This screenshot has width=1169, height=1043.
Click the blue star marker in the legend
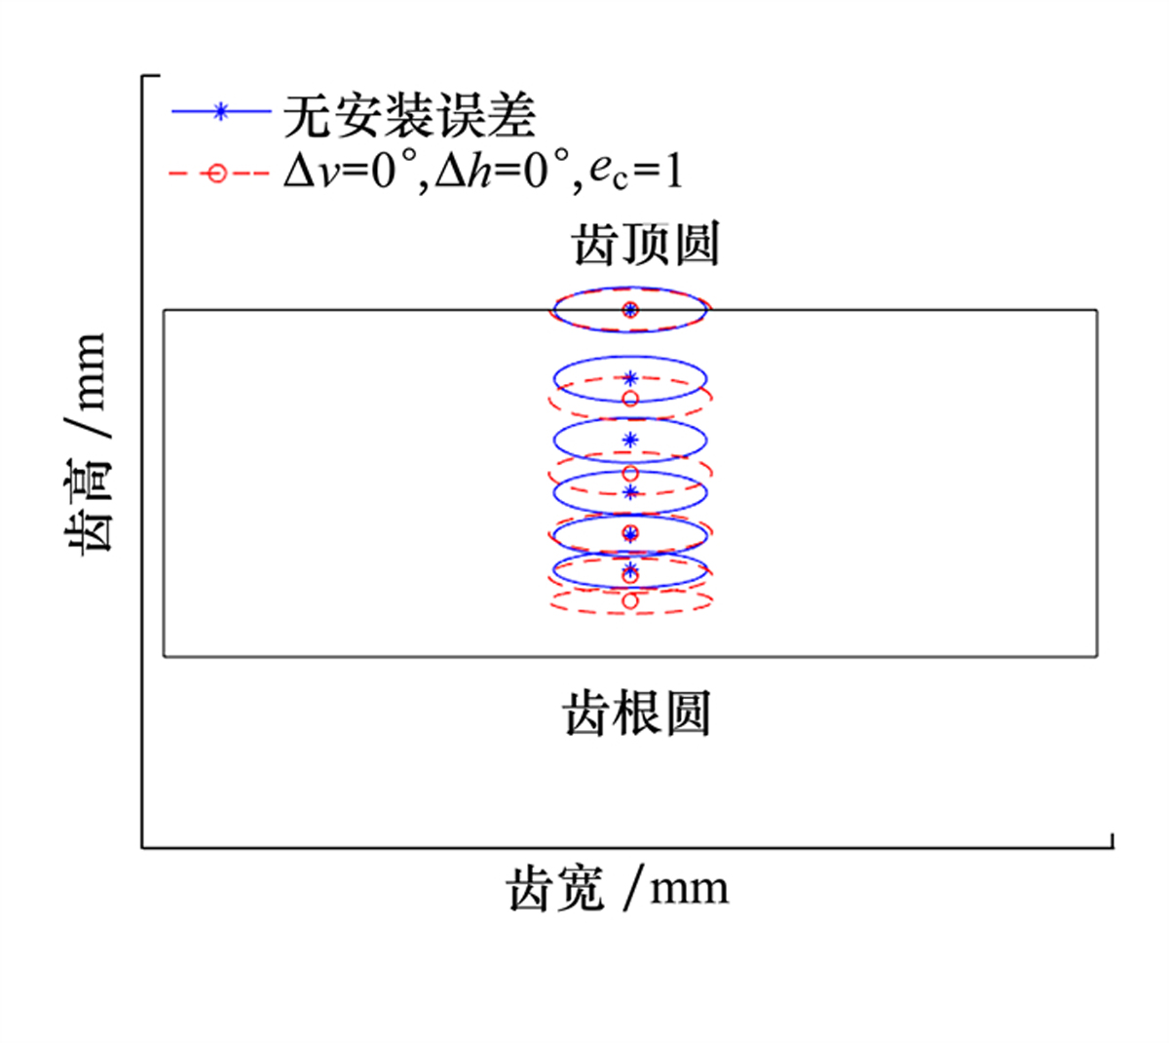point(220,111)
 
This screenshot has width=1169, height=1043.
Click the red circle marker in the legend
point(217,174)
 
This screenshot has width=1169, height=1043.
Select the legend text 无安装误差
point(409,116)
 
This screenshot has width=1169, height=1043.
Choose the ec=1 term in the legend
point(636,174)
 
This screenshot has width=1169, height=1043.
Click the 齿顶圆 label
point(646,245)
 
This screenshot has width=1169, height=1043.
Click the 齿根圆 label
point(636,714)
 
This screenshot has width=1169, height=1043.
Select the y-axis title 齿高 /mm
point(87,444)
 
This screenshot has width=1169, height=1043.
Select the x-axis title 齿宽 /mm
point(618,889)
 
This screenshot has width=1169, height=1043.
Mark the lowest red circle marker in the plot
point(630,600)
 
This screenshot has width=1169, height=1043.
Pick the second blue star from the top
point(630,378)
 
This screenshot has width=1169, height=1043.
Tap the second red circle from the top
point(630,399)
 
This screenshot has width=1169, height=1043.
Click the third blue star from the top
point(630,440)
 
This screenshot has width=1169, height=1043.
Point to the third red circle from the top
point(630,474)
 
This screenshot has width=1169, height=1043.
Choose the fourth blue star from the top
point(630,492)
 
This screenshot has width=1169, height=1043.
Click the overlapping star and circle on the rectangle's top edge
point(630,310)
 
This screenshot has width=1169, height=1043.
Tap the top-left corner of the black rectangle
point(165,311)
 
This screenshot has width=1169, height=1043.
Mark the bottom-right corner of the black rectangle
point(1097,656)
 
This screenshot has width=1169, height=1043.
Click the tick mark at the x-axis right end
point(1112,841)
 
